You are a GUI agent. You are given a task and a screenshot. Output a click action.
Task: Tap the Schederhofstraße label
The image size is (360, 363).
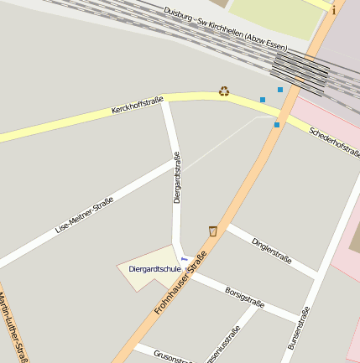(x=334, y=143)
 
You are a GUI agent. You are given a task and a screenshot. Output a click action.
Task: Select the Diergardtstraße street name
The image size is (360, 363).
(x=177, y=177)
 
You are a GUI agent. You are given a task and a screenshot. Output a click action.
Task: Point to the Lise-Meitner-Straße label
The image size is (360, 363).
(x=84, y=215)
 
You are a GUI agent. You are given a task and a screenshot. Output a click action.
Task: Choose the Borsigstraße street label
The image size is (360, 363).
(x=245, y=297)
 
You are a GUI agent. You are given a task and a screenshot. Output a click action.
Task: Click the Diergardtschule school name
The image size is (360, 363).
(x=155, y=269)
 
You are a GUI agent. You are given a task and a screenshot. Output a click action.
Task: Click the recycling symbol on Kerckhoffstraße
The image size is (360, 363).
(x=224, y=91)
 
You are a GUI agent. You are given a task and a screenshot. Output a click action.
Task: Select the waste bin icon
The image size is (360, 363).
(x=213, y=231)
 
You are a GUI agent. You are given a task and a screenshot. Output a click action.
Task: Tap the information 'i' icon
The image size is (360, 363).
(x=333, y=11)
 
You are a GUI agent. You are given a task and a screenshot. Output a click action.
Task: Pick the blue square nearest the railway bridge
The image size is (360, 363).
(x=280, y=89)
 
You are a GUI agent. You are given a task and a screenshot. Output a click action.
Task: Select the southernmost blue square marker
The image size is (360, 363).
(x=277, y=125)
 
